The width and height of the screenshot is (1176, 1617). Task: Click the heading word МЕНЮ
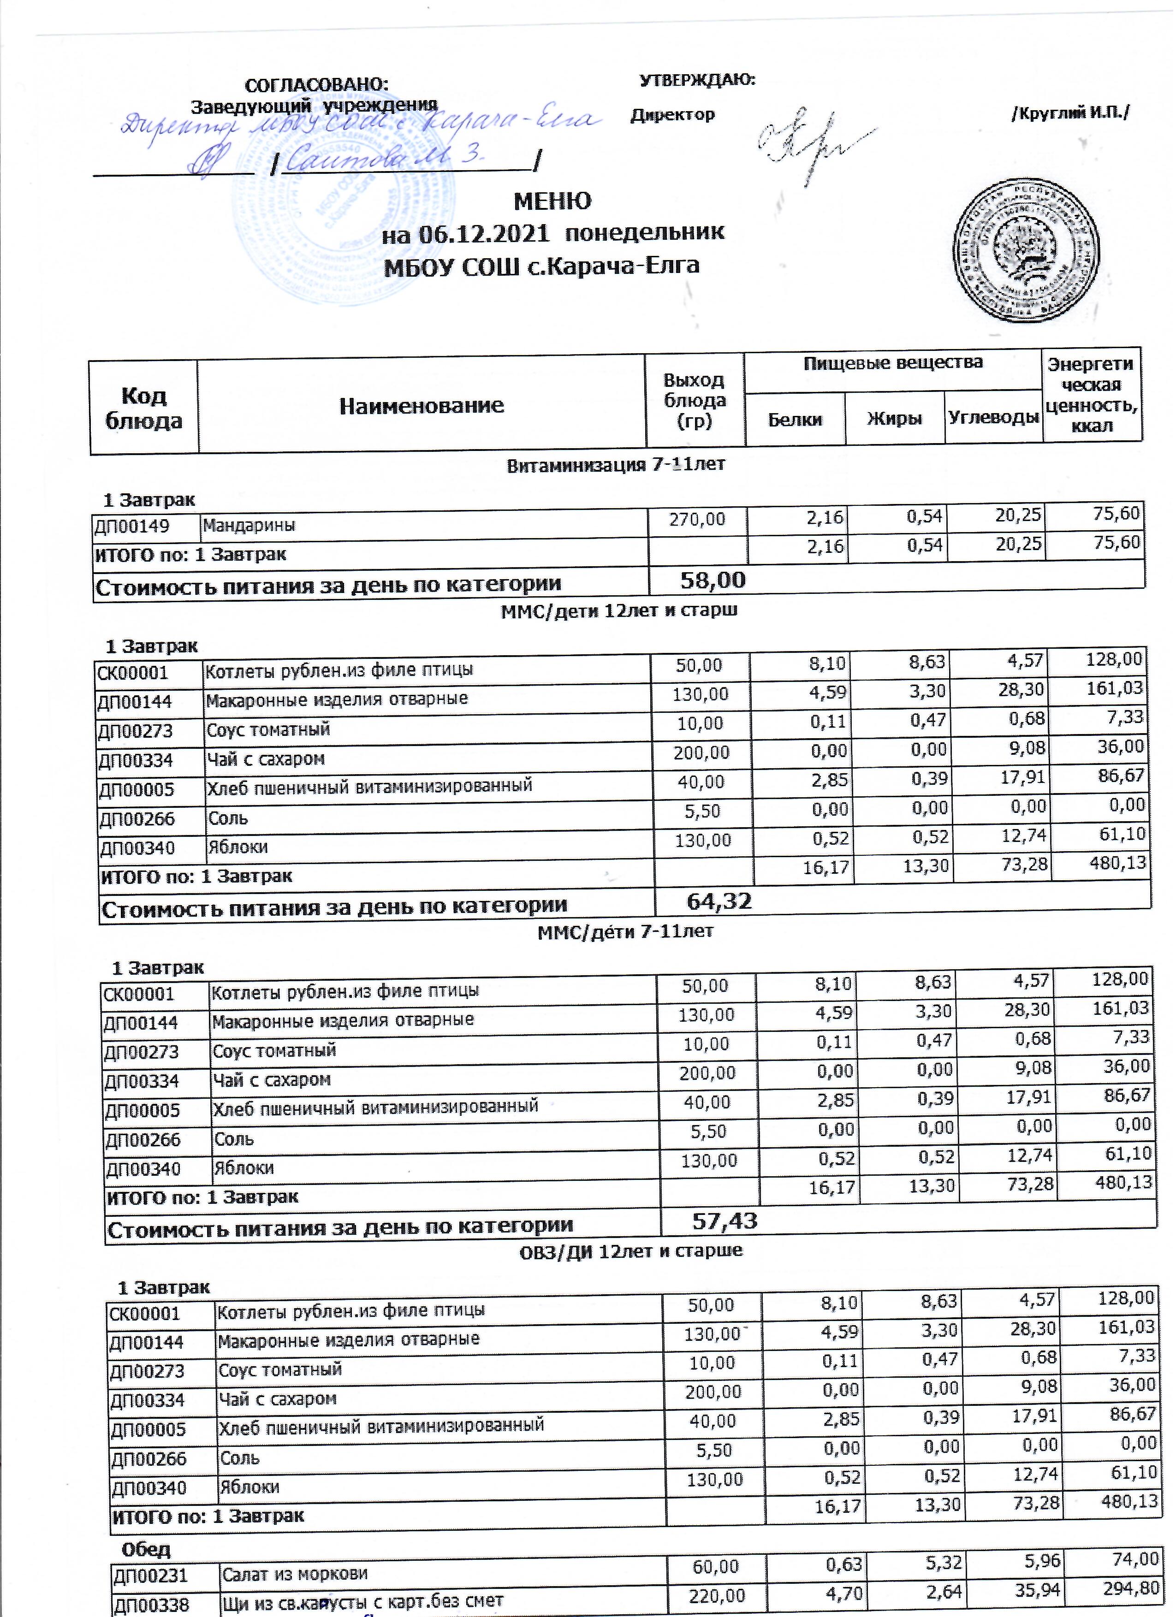click(552, 201)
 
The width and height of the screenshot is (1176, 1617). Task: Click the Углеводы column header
click(993, 418)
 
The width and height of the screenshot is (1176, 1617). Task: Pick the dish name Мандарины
click(249, 526)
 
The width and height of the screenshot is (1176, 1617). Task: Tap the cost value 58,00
click(713, 580)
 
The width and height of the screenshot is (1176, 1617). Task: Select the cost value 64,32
click(719, 901)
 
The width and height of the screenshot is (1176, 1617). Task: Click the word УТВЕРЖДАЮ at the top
click(697, 80)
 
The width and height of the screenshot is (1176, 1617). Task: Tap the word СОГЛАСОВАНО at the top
click(317, 84)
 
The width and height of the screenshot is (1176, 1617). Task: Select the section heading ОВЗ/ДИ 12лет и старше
click(630, 1250)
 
